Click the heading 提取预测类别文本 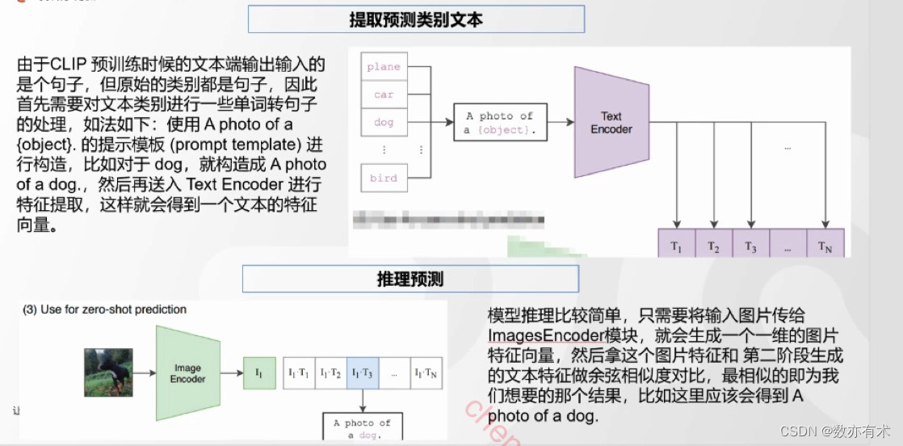pyautogui.click(x=415, y=19)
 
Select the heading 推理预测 pyautogui.click(x=410, y=279)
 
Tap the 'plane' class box pyautogui.click(x=384, y=67)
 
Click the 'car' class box pyautogui.click(x=384, y=95)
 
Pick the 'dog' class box pyautogui.click(x=384, y=122)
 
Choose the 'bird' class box pyautogui.click(x=384, y=178)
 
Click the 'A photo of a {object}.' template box pyautogui.click(x=500, y=123)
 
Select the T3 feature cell pyautogui.click(x=751, y=246)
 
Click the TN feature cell pyautogui.click(x=825, y=246)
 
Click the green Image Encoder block pyautogui.click(x=187, y=373)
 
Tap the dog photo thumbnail pyautogui.click(x=108, y=372)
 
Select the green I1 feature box pyautogui.click(x=259, y=373)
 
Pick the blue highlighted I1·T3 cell pyautogui.click(x=362, y=373)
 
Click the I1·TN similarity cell pyautogui.click(x=425, y=373)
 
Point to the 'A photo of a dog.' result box pyautogui.click(x=361, y=427)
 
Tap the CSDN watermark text pyautogui.click(x=847, y=432)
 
